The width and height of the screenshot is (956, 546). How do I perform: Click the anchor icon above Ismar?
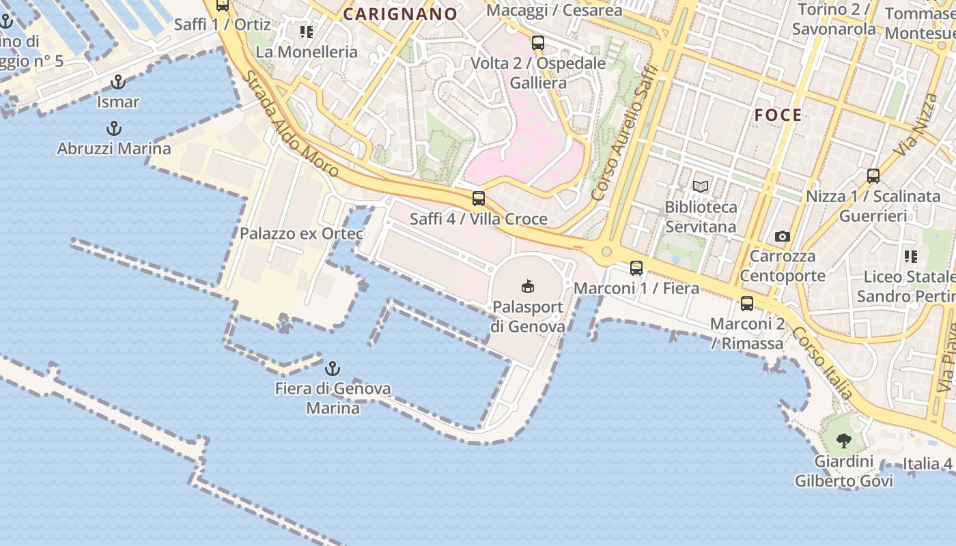(118, 83)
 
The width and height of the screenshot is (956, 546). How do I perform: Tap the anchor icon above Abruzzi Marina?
(114, 128)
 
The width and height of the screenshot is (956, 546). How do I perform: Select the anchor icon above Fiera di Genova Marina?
(333, 369)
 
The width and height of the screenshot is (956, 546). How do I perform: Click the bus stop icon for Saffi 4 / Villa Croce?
(479, 199)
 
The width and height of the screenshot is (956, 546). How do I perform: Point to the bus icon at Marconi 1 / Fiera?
(636, 268)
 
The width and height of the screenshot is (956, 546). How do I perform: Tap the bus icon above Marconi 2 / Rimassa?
(747, 304)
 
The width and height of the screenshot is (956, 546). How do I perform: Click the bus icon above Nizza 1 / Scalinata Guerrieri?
(873, 176)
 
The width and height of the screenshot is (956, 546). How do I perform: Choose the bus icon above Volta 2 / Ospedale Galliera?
(538, 43)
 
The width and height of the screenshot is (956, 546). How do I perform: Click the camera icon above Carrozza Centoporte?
(783, 237)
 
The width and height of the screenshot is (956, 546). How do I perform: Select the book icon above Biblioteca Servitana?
(701, 186)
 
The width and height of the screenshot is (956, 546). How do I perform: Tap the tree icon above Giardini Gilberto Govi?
(844, 441)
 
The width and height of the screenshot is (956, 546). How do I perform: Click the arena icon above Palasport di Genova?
(527, 286)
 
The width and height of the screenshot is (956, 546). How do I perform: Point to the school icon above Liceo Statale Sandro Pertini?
(910, 257)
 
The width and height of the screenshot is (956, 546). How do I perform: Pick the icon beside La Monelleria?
(307, 31)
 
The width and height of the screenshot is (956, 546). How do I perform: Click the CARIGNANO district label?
(400, 14)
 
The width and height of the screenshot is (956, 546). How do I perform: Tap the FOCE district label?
(778, 115)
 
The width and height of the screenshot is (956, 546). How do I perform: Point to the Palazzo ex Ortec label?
(301, 233)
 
